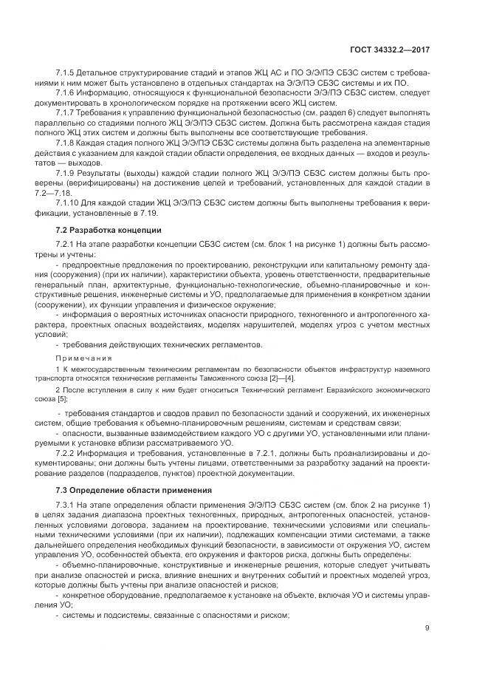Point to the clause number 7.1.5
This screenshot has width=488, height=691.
click(x=67, y=74)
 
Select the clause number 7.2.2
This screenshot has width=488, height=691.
click(x=67, y=450)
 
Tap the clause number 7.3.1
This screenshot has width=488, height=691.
click(x=67, y=506)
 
